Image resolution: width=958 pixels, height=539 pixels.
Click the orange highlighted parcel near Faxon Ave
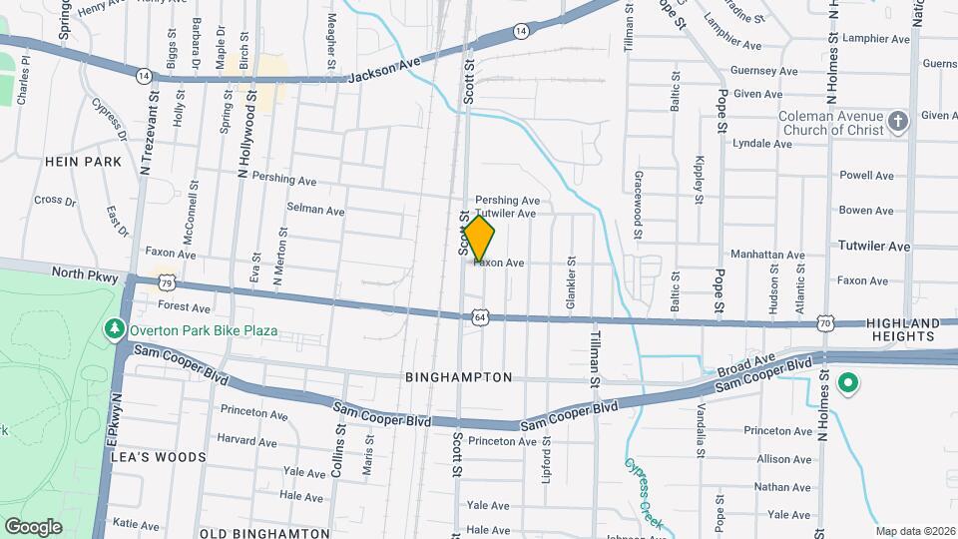tap(479, 240)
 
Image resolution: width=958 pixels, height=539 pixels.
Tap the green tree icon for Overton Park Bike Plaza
tap(116, 329)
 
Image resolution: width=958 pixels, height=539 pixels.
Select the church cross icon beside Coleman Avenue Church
tap(898, 123)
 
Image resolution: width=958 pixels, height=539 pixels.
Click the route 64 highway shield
tap(481, 317)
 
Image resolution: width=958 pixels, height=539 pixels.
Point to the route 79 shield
tap(167, 282)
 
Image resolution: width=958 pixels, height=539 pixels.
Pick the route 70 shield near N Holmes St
tap(823, 323)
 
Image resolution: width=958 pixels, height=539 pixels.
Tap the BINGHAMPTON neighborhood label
tap(459, 378)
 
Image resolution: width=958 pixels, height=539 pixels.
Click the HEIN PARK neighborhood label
tap(83, 162)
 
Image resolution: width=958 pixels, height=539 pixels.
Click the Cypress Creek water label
tap(645, 493)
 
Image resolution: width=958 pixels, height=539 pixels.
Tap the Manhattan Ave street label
tap(767, 256)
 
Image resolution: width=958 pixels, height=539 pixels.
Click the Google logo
tap(33, 526)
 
